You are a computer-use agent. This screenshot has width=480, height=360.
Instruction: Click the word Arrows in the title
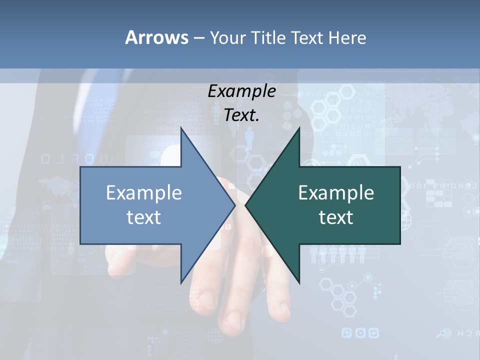pos(156,37)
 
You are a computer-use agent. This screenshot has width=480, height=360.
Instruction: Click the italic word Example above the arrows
pos(241,91)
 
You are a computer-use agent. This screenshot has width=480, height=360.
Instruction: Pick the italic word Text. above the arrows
pos(241,115)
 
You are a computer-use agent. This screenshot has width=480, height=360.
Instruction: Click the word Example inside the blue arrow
pos(144,193)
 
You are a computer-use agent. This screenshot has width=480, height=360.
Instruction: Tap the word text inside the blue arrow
pos(144,217)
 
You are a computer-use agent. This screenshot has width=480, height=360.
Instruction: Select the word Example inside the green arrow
pos(336,193)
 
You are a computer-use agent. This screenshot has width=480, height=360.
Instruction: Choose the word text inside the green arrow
pos(336,217)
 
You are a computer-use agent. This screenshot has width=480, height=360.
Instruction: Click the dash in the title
pos(198,38)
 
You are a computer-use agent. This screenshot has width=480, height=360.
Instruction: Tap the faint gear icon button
pos(360,333)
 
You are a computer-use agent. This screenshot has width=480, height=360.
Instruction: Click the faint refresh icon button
pos(373,333)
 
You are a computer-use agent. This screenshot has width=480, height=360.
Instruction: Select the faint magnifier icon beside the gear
pos(346,333)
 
